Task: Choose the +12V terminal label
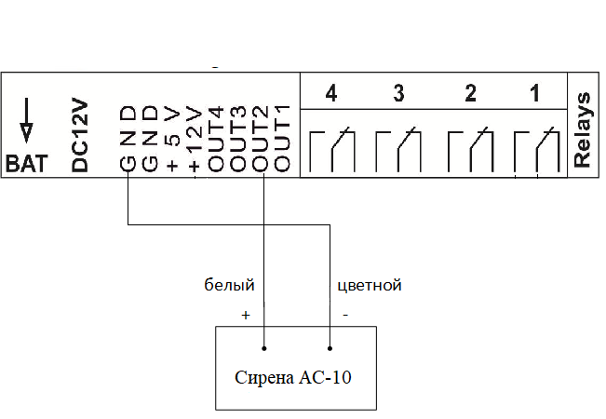click(195, 139)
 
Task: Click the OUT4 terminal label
click(217, 139)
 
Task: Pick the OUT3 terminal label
click(239, 139)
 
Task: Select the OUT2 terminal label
click(262, 139)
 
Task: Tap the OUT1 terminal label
click(284, 139)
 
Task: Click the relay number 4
click(330, 94)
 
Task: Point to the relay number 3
click(398, 94)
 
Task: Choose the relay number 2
click(470, 94)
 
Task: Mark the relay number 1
click(533, 94)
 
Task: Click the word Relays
click(584, 129)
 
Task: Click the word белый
click(230, 285)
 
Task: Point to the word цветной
click(369, 285)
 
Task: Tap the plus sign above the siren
click(246, 316)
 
